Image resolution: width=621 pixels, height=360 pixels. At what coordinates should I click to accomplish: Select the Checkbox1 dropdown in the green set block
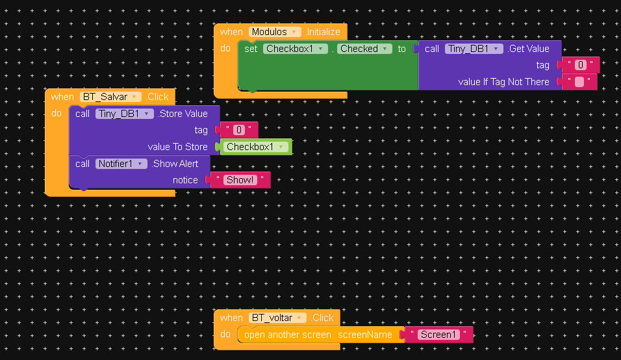pyautogui.click(x=296, y=49)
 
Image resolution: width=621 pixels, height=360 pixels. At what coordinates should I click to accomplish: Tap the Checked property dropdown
pyautogui.click(x=364, y=49)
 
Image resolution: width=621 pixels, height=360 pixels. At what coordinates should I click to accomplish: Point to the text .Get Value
pyautogui.click(x=528, y=49)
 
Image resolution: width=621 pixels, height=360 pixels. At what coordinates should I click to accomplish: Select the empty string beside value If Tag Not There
pyautogui.click(x=579, y=82)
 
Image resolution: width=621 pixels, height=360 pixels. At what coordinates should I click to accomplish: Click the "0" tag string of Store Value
pyautogui.click(x=239, y=130)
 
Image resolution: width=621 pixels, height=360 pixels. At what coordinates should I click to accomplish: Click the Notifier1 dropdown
pyautogui.click(x=122, y=164)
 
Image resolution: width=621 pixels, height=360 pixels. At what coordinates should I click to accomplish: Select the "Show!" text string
pyautogui.click(x=240, y=180)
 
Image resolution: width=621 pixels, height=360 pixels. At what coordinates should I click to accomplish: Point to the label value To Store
pyautogui.click(x=177, y=147)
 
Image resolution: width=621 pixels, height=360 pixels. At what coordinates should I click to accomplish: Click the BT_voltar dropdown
pyautogui.click(x=278, y=318)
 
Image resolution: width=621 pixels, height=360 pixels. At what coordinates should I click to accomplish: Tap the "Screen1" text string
pyautogui.click(x=438, y=335)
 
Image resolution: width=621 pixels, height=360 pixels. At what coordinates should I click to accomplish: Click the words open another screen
pyautogui.click(x=287, y=335)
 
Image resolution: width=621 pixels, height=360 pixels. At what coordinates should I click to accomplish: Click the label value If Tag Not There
pyautogui.click(x=503, y=82)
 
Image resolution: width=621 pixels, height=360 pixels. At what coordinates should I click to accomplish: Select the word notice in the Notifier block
pyautogui.click(x=185, y=180)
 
